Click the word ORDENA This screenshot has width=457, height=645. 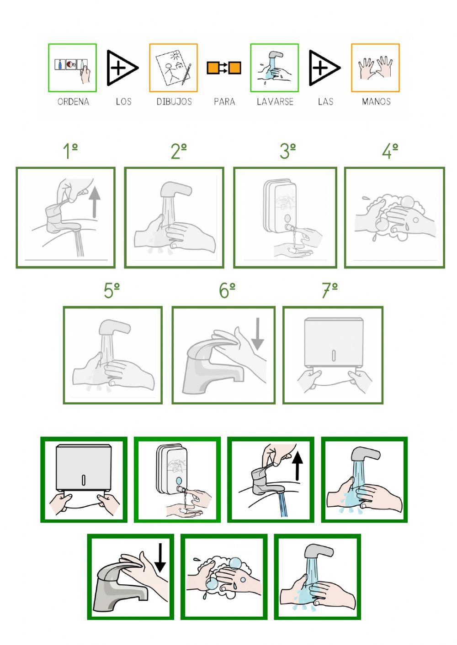point(73,102)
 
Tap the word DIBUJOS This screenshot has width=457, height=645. point(174,102)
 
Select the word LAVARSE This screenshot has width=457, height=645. point(275,102)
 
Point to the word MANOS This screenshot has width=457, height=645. point(376,102)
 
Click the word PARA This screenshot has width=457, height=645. point(224,102)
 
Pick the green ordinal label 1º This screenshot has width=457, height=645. point(70,151)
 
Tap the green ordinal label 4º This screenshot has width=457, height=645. point(390,151)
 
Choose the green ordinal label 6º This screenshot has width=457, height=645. point(227,290)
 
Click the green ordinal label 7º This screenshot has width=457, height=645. point(329,290)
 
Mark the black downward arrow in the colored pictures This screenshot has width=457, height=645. point(160,558)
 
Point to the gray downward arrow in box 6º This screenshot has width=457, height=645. point(257,334)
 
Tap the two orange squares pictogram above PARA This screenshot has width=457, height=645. point(224,68)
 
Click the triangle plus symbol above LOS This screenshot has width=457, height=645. point(122,68)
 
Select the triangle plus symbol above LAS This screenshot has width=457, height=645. point(324,68)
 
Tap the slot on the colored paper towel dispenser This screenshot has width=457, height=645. point(84,480)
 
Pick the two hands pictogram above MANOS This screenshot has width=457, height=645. point(375,68)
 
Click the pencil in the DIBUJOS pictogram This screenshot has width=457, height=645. point(186,74)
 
